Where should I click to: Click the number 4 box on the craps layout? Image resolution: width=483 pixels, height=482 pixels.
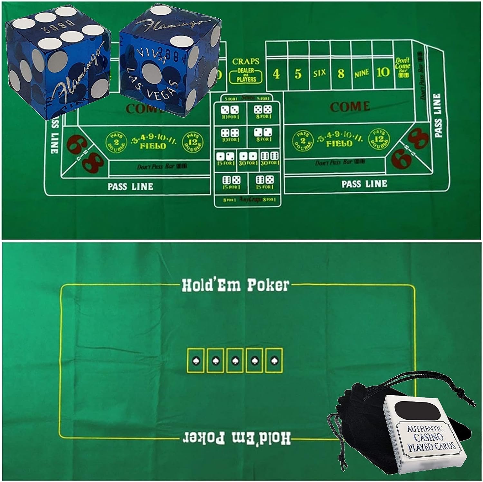coord(276,74)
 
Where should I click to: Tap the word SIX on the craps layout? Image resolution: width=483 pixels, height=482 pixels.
coord(319,73)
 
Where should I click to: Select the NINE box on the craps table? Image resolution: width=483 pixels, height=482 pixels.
coord(361,73)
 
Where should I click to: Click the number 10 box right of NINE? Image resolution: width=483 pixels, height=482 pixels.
coord(383,72)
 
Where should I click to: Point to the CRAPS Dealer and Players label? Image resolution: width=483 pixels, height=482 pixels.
coord(246,71)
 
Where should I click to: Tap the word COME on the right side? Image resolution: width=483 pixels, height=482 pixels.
coord(350,107)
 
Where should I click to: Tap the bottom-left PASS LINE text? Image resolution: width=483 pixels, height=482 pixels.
coord(130,187)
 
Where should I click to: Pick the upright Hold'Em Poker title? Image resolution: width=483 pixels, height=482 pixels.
coord(235,285)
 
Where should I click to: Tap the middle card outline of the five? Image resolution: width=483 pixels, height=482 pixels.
coord(235,360)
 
